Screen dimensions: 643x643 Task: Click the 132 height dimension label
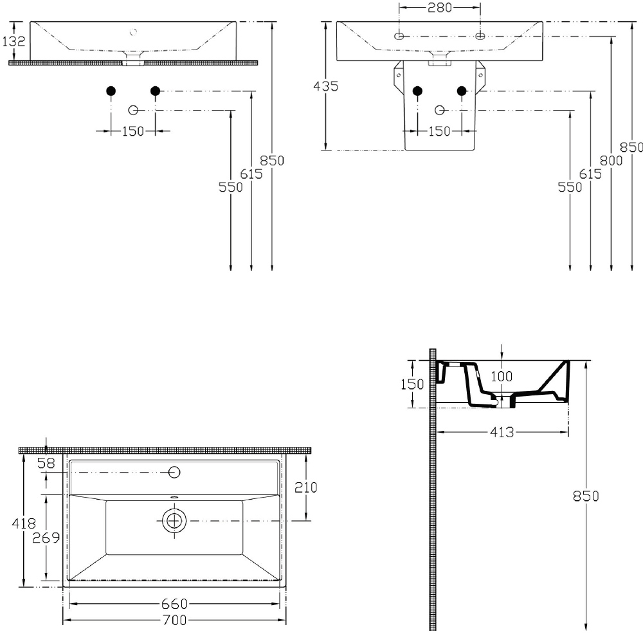pyautogui.click(x=14, y=41)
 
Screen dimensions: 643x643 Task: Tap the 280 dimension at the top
pyautogui.click(x=440, y=7)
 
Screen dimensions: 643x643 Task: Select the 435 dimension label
pyautogui.click(x=325, y=86)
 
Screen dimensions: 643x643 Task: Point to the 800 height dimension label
pyautogui.click(x=611, y=161)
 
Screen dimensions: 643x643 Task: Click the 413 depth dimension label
pyautogui.click(x=502, y=432)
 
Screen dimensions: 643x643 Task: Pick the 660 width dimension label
pyautogui.click(x=174, y=604)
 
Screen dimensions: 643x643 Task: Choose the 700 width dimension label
pyautogui.click(x=175, y=620)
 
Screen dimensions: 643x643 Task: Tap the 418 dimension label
pyautogui.click(x=24, y=523)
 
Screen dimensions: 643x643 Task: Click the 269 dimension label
pyautogui.click(x=46, y=538)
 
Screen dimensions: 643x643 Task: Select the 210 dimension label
pyautogui.click(x=306, y=487)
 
